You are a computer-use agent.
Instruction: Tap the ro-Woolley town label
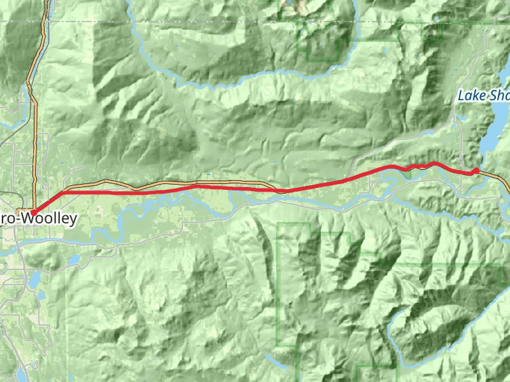[x=39, y=220]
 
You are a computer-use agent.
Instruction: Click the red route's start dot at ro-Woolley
[x=33, y=213]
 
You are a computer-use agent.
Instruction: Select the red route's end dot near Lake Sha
[x=476, y=171]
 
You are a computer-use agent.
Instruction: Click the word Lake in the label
[x=469, y=95]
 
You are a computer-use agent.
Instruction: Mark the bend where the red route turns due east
[x=66, y=192]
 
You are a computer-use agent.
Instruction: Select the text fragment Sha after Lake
[x=498, y=95]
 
